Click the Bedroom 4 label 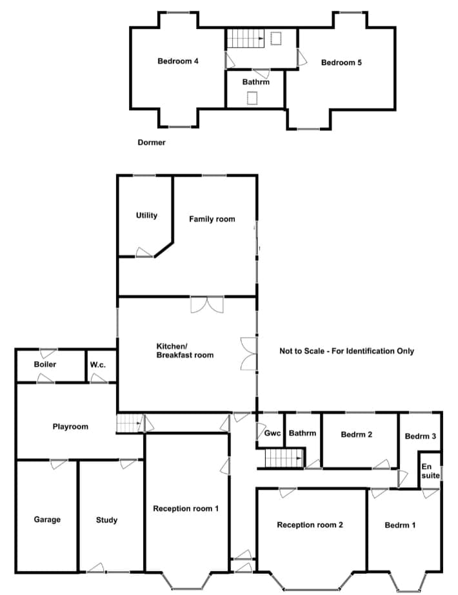178,61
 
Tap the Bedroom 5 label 341,63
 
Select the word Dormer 152,142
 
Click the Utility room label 146,215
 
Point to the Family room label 212,219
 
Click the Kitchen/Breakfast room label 185,351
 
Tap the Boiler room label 45,364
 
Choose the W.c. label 98,365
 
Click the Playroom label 70,427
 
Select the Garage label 47,520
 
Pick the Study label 106,520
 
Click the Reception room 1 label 186,509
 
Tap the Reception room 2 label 310,525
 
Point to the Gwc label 272,433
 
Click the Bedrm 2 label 357,434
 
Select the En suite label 430,471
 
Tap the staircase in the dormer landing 246,38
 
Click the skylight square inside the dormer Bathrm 252,99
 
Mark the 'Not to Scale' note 347,351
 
